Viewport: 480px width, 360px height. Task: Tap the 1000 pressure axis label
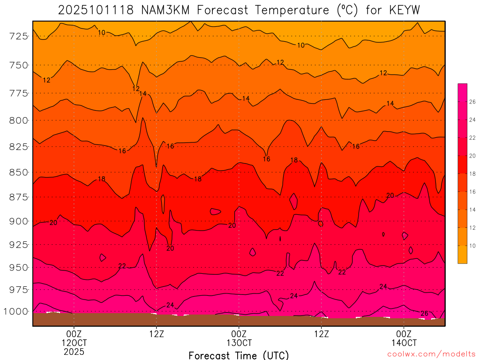pos(16,311)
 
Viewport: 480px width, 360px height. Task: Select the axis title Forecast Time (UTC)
pos(239,355)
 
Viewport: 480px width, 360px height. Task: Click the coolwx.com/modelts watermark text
pos(431,354)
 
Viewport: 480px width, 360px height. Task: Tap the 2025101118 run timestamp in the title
pos(97,9)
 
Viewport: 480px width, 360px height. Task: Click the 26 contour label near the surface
pos(424,314)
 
